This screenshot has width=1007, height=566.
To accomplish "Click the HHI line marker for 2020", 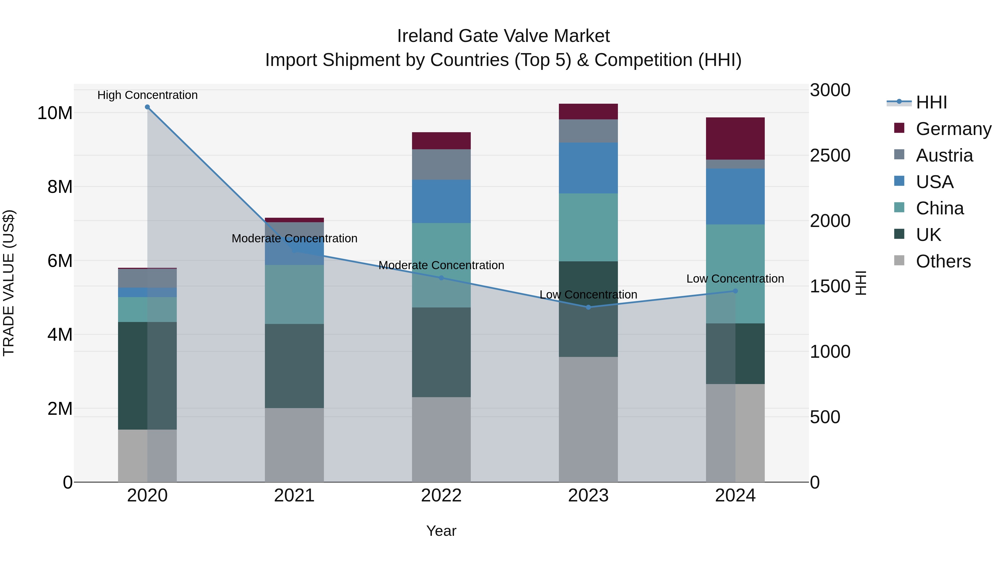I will (x=147, y=107).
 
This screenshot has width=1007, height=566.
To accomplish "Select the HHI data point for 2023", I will (x=588, y=307).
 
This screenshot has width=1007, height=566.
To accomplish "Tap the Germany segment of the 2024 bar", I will (x=735, y=138).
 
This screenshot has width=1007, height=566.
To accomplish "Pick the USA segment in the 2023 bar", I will (x=588, y=168).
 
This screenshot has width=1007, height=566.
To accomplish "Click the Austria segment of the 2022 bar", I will (x=441, y=164).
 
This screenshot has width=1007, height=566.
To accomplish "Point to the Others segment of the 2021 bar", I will (x=294, y=445).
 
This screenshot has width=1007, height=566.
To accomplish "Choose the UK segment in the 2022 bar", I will (x=441, y=352).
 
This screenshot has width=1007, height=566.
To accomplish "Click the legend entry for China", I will (x=939, y=208).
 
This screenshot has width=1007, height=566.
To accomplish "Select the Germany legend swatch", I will (x=899, y=128).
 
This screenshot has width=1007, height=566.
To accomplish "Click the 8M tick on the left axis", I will (x=60, y=187).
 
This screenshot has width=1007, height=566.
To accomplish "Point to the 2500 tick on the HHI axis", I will (x=830, y=155).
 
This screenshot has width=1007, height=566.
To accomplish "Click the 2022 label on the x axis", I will (x=441, y=496).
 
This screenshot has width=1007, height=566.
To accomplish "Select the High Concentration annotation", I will (x=147, y=95).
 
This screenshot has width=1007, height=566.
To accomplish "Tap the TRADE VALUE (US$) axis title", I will (x=9, y=283).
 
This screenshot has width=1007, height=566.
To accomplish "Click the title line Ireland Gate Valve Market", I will (x=503, y=36).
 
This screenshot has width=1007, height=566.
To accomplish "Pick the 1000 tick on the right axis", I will (x=830, y=352).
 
